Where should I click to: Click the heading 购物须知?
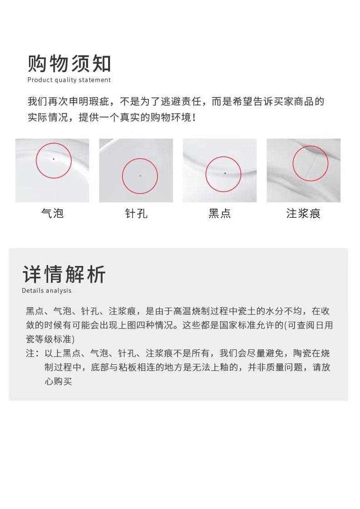pos(69,64)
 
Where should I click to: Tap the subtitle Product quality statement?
pos(69,80)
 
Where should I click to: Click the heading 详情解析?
pos(64,274)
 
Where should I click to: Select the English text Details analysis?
pos(47,291)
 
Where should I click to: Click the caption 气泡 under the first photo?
pos(52,213)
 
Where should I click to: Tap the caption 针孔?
pos(136,213)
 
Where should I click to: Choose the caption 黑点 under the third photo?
pos(220,213)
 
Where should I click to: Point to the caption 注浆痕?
pos(303,213)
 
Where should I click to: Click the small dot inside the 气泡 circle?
pos(54,159)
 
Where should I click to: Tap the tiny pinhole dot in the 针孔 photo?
pos(140,176)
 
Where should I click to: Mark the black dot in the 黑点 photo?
pos(225,173)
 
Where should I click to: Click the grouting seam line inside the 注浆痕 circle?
pos(311,164)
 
